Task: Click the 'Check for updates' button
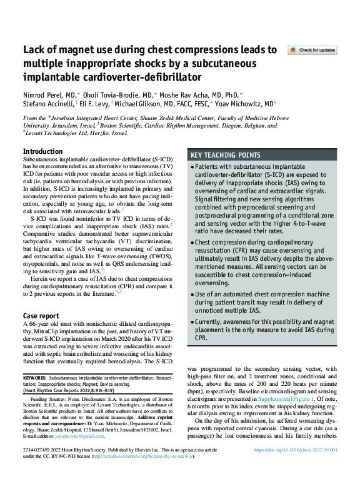311,50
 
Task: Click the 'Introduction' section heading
42,152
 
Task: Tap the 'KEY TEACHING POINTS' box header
226,155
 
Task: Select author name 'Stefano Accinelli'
47,104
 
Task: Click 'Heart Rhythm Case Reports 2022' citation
62,390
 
